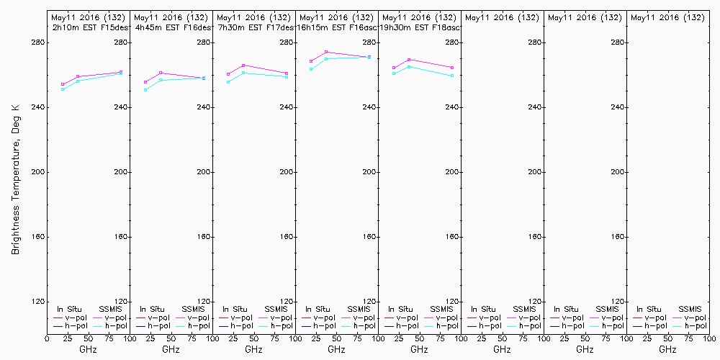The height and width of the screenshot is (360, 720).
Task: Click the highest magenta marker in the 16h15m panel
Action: tap(326, 52)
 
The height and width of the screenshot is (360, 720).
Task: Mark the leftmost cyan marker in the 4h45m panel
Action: tap(145, 90)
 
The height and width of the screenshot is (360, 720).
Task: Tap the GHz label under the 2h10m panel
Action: tap(88, 349)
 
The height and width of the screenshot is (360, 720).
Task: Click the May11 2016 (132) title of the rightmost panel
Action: tap(667, 17)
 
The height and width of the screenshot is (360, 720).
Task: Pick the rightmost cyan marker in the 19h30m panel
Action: tap(451, 76)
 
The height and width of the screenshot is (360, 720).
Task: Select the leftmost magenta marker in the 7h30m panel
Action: tap(228, 74)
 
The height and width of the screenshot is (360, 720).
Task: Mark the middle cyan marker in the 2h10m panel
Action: tap(78, 81)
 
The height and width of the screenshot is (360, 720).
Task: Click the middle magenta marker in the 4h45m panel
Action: tap(161, 73)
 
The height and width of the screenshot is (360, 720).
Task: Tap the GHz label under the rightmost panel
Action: tap(667, 349)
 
